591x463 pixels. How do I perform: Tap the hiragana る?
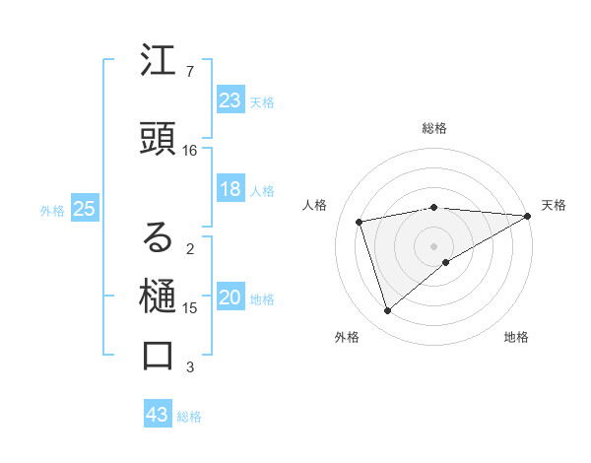(x=159, y=237)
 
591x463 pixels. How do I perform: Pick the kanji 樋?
(x=159, y=296)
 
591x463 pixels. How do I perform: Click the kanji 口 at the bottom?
(x=159, y=355)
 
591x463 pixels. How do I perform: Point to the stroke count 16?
(x=190, y=151)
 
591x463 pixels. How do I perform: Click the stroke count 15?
(x=190, y=308)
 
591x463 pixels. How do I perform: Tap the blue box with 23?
(x=230, y=99)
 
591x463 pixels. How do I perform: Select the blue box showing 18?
(x=230, y=189)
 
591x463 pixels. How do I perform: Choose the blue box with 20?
(x=230, y=298)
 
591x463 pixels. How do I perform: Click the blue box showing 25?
(x=84, y=208)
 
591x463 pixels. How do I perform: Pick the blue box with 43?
(x=157, y=415)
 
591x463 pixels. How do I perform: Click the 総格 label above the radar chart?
(x=434, y=128)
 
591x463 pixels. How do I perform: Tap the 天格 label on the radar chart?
(x=554, y=205)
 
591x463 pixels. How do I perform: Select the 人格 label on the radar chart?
(x=315, y=205)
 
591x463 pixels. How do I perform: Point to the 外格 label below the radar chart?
(x=347, y=337)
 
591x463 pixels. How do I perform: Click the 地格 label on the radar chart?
(x=516, y=337)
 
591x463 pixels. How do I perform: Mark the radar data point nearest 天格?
(x=528, y=216)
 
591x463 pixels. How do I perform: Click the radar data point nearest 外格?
(x=387, y=311)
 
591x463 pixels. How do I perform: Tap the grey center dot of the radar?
(x=434, y=245)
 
